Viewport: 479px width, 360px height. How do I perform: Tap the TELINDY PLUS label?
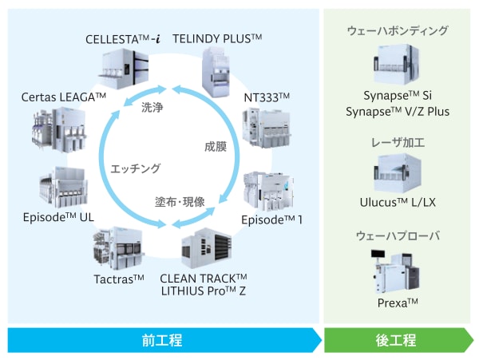218,38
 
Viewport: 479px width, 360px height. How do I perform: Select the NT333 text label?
267,97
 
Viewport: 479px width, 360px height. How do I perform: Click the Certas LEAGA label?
65,97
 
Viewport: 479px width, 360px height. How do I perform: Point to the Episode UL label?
57,216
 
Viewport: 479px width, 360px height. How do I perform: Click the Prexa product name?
397,304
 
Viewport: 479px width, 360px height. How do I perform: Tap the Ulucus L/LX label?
397,203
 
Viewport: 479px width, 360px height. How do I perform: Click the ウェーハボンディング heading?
397,31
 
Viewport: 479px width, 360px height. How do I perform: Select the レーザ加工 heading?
397,143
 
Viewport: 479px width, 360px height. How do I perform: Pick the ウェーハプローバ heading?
397,236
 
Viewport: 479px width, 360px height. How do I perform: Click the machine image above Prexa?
397,270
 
